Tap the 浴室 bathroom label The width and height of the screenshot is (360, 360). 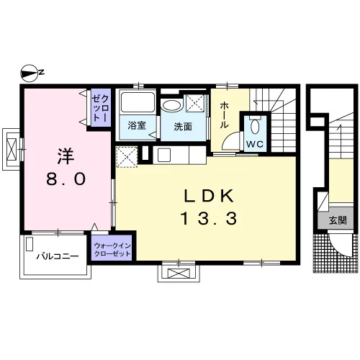[x=137, y=125]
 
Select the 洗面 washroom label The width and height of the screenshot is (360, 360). [x=183, y=127]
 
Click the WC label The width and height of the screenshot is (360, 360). [x=255, y=144]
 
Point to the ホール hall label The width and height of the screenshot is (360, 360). [x=224, y=114]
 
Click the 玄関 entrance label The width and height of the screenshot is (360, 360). [x=338, y=220]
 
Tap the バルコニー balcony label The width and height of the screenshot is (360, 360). [x=58, y=256]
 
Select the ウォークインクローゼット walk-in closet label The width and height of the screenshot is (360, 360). [x=112, y=250]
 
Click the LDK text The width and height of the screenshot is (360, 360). [x=209, y=196]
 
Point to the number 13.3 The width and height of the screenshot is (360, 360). [x=209, y=219]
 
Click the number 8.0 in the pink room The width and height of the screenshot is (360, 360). [x=66, y=179]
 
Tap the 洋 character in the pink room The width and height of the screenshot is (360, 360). [x=66, y=156]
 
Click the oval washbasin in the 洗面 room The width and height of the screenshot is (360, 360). [x=171, y=105]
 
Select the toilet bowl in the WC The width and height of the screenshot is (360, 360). [x=255, y=127]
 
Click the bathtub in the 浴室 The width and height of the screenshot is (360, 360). [x=138, y=102]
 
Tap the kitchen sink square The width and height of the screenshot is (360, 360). [x=163, y=155]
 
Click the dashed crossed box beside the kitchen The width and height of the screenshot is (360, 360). [x=127, y=157]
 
